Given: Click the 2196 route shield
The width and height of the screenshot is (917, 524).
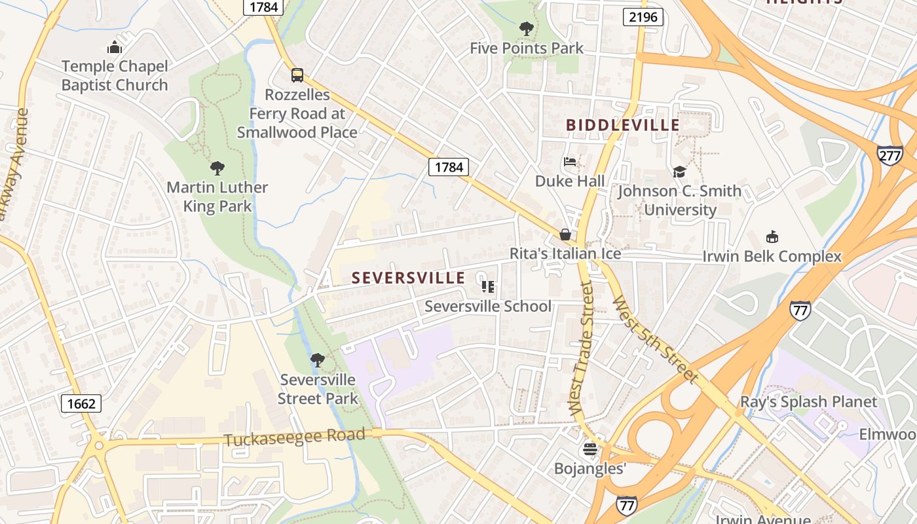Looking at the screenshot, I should [643, 17].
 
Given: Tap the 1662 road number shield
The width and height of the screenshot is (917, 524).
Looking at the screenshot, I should [81, 403].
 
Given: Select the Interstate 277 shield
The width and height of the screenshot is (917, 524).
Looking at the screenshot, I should [890, 155].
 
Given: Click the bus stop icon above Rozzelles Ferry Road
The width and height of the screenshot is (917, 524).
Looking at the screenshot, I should [297, 75].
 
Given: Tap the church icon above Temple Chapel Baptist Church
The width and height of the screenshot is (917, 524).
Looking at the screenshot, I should [115, 47].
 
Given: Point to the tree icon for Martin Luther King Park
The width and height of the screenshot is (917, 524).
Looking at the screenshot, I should [217, 168].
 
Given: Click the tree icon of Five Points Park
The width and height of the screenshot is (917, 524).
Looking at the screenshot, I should [526, 28].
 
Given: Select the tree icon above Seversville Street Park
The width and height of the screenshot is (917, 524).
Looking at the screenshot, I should [318, 360].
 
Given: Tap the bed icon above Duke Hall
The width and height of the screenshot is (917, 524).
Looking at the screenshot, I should [570, 162].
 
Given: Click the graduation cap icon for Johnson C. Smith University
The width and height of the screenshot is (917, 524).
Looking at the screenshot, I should [679, 172].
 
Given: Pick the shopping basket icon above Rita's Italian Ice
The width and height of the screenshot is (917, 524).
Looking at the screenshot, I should [565, 234].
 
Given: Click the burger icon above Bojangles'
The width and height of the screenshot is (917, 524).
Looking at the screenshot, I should [590, 449].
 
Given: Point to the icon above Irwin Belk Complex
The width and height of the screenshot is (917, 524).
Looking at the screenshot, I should [772, 237].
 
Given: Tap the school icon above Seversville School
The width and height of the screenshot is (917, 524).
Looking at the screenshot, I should [488, 287].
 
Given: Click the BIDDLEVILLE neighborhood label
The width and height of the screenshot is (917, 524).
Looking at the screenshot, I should [622, 125].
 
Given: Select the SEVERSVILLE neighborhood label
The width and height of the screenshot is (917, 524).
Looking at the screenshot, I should [408, 278].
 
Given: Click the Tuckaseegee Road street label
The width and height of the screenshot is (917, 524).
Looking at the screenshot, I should [294, 438].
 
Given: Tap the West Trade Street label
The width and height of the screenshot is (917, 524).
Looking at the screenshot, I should [582, 348].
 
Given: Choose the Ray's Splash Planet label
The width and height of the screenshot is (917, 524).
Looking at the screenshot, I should [808, 402].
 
